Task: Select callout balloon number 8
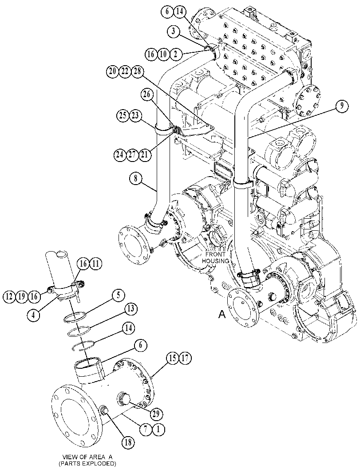135,179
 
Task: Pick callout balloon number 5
119,296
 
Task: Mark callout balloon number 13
131,309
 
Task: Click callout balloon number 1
158,430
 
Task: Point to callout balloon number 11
95,264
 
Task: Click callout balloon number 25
123,115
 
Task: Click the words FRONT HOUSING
215,257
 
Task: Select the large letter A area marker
222,314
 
